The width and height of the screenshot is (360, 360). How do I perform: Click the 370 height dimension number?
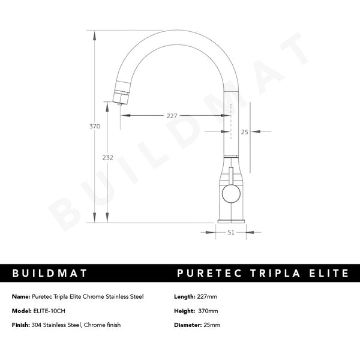pos(95,127)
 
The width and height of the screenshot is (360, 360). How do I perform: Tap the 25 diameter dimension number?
pos(244,131)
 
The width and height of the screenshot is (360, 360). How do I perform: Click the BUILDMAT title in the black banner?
pos(50,274)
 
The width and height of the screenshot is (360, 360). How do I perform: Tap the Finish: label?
pos(21,325)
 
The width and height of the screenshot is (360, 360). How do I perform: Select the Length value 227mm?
pos(208,296)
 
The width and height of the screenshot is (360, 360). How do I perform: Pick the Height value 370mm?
pos(208,311)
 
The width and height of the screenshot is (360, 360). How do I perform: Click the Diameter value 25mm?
pos(211,325)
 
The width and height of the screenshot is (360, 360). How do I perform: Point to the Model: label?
pos(21,311)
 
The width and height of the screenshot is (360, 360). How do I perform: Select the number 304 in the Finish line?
pos(38,325)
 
